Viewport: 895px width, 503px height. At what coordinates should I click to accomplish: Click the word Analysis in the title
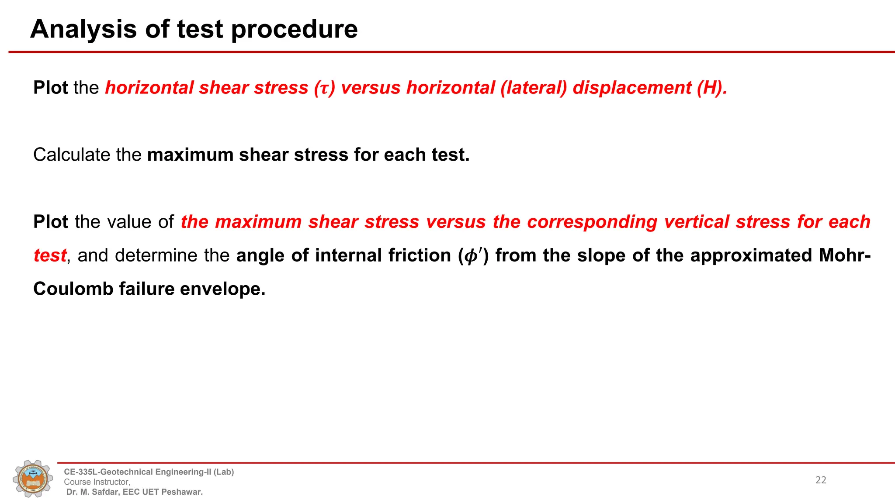(x=83, y=29)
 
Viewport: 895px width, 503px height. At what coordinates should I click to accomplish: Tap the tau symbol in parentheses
(x=324, y=88)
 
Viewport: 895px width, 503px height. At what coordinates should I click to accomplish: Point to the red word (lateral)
(x=534, y=88)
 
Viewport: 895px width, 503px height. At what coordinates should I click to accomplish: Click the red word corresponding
(x=592, y=222)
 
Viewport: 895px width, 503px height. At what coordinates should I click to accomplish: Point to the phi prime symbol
(x=473, y=256)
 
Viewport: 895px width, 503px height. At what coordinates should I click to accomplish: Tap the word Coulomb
(x=73, y=289)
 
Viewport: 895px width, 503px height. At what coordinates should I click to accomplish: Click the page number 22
(x=821, y=480)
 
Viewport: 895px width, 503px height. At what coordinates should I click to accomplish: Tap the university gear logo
(x=33, y=479)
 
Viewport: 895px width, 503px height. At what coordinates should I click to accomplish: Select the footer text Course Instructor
(x=97, y=482)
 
